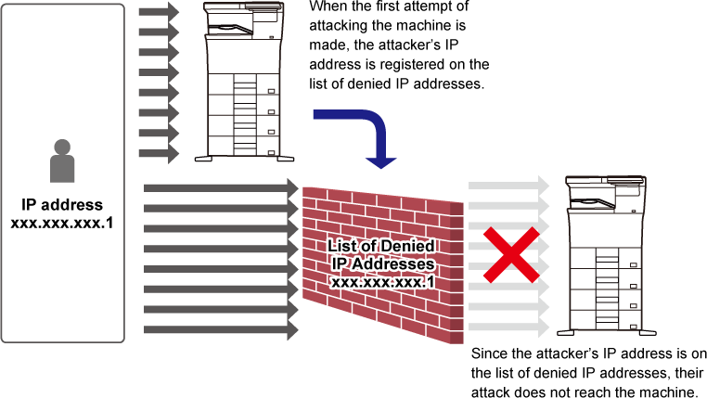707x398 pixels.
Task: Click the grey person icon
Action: [62, 162]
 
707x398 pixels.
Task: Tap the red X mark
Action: [509, 254]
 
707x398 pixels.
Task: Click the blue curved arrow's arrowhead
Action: [380, 161]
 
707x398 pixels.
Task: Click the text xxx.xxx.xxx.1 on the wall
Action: [382, 281]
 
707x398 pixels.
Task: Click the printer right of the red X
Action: [605, 254]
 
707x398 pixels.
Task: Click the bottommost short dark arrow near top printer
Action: [158, 153]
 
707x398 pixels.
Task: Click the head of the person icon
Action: [62, 147]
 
